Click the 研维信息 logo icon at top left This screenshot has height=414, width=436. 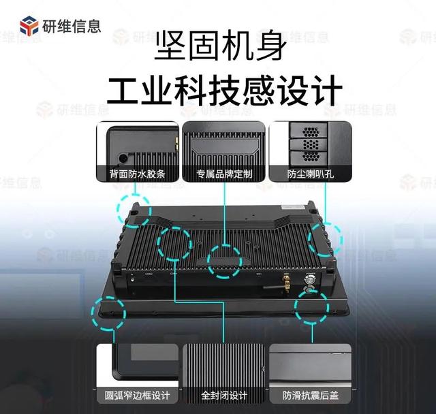click(29, 27)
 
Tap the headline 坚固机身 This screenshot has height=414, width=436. click(217, 50)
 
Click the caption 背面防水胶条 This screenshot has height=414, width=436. click(136, 174)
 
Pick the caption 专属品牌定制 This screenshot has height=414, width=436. click(224, 174)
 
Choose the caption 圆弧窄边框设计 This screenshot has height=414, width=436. click(137, 396)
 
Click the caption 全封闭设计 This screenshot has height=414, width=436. click(223, 396)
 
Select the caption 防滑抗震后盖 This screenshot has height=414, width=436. click(311, 396)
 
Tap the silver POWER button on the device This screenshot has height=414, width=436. click(311, 279)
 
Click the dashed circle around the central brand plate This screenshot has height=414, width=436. click(223, 260)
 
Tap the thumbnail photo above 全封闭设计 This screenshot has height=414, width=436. click(223, 364)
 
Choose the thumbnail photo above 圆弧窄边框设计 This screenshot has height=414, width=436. click(137, 364)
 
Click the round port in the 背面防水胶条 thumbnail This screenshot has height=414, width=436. click(123, 156)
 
